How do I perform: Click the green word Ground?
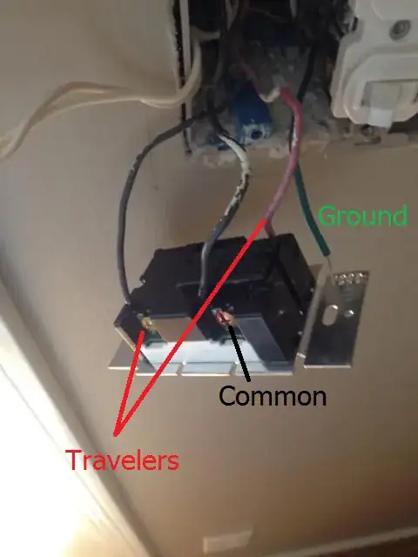point(362,217)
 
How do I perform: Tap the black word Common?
point(273,396)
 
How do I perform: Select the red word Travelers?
point(122,460)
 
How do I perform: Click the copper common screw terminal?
point(223,316)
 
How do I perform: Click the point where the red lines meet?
point(115,434)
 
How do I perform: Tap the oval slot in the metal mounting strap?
point(330,314)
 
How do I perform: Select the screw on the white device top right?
point(401,30)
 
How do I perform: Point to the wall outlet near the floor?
point(227,540)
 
